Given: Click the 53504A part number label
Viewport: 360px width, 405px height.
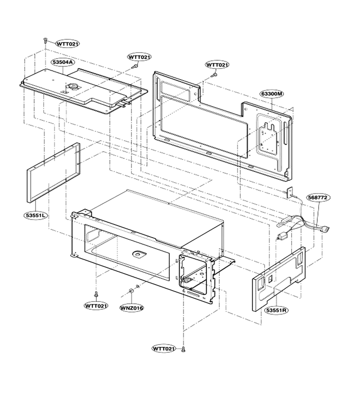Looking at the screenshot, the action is tap(63, 62).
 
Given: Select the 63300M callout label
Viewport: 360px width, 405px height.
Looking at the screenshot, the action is tap(272, 94).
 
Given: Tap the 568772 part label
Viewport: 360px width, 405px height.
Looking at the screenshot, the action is tap(319, 198).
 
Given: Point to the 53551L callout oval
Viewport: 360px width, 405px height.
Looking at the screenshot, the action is tap(36, 215).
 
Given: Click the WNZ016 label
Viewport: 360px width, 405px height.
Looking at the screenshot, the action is tap(132, 308).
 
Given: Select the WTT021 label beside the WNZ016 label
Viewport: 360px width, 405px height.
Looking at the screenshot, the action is tap(96, 306).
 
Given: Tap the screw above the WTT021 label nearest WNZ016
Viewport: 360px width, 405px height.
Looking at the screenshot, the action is tap(96, 294).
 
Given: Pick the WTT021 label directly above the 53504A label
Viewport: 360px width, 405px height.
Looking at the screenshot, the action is tap(67, 44).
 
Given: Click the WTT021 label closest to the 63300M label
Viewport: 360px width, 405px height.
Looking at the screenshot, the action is tap(217, 64).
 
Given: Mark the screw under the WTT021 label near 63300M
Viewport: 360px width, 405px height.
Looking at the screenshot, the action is tap(214, 75).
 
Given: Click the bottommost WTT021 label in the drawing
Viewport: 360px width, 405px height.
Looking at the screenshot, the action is tap(164, 349).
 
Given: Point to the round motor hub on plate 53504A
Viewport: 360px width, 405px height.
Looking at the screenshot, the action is tap(72, 86).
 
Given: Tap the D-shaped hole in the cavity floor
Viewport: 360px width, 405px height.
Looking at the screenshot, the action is tap(139, 254).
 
